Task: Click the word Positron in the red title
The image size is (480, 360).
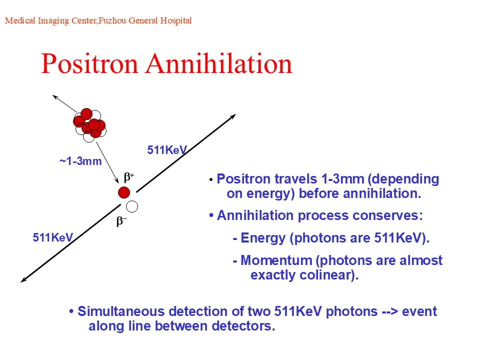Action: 89,64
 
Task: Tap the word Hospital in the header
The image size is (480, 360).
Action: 176,21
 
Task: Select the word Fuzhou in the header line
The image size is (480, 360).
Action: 112,20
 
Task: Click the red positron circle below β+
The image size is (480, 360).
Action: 124,192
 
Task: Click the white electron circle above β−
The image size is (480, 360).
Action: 132,206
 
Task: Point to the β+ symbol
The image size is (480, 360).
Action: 129,177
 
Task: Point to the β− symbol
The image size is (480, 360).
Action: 121,221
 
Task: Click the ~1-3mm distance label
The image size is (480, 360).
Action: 80,161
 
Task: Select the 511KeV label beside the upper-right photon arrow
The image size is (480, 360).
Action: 167,150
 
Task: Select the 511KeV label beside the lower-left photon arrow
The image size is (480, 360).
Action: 53,237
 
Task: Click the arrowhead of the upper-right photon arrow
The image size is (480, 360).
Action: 233,116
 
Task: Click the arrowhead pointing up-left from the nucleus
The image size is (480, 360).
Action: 55,97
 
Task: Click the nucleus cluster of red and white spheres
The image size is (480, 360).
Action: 89,125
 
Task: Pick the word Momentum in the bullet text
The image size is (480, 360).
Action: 276,260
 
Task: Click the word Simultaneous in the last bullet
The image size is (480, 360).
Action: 121,311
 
